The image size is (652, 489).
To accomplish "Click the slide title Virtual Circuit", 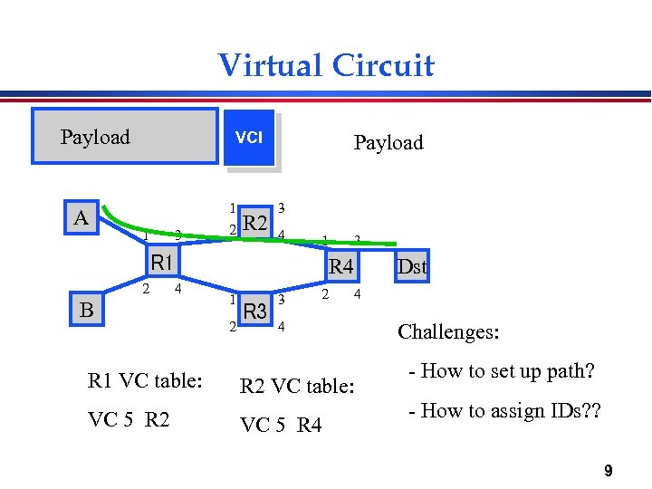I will pos(326,65).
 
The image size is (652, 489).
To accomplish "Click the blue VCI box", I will pos(249,138).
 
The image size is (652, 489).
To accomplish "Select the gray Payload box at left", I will pos(125,137).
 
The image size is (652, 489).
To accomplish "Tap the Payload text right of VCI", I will pos(388,142).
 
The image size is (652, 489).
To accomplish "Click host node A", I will pos(81,218).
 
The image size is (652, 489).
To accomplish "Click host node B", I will pos(87,310).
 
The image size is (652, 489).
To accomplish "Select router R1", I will pos(162,264).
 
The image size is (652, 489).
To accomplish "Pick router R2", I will pos(255,223).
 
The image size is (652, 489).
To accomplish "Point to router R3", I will pos(255,312).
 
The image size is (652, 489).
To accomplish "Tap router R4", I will pos(341,266).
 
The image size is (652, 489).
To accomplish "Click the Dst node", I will pos(412,267).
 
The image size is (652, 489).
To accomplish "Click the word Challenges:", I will pos(448,332).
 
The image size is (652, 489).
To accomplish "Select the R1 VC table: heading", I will pos(143,380).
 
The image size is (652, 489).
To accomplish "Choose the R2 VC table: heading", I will pos(296,387).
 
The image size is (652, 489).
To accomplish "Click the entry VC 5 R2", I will pos(130,419).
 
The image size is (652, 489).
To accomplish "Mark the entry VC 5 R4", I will pos(280,425).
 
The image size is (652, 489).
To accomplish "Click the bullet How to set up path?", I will pos(502,371).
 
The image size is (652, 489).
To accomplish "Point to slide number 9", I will pos(608,470).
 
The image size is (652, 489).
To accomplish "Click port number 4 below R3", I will pos(282,327).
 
